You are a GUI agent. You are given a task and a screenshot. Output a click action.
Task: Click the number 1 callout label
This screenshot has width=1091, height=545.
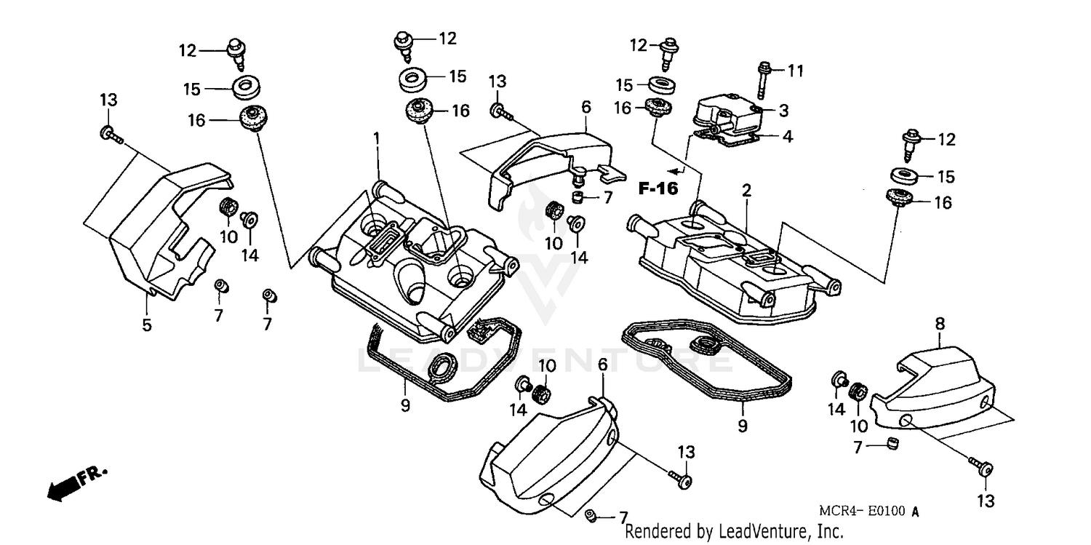point(377,138)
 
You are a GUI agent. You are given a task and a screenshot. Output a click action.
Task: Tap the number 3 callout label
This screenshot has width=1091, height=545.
point(783,111)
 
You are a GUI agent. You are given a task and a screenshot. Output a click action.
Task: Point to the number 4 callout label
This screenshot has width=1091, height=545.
point(787,136)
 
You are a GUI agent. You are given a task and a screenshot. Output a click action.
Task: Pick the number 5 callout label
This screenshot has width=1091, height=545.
point(147,325)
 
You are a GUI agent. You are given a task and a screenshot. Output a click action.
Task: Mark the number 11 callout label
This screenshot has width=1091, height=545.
point(796,71)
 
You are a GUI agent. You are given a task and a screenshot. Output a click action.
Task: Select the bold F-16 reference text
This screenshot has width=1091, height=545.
point(658,188)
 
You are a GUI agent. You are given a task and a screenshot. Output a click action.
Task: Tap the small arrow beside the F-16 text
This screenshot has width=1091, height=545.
point(676,172)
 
